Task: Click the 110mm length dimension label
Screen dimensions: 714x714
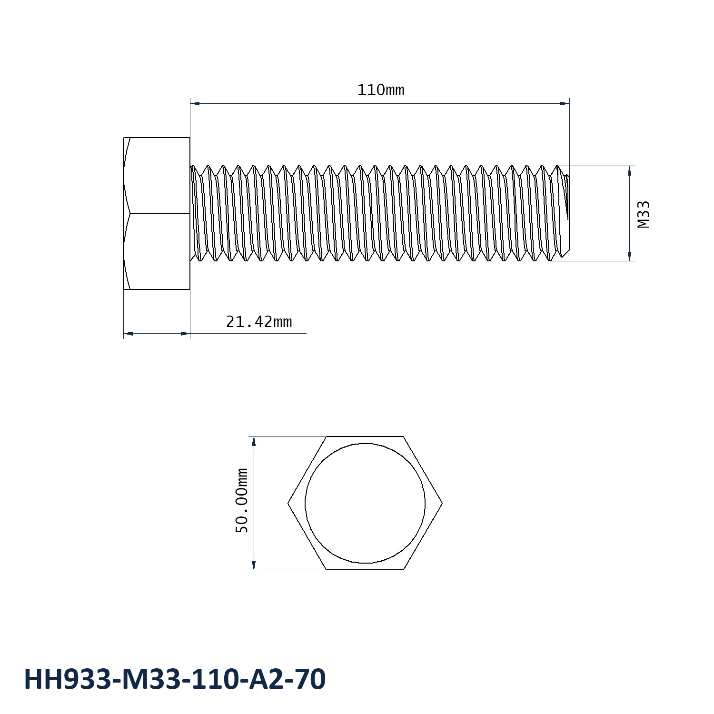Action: click(380, 89)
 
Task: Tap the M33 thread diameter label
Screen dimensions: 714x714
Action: click(644, 214)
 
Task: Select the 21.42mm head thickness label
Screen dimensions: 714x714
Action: click(258, 322)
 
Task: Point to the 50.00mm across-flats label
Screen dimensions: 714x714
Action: click(242, 500)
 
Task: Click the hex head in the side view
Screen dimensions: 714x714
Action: click(157, 213)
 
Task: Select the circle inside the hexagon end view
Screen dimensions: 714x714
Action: click(365, 503)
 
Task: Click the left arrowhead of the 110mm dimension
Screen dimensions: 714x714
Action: click(194, 103)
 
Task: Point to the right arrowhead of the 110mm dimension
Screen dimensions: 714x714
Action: click(565, 103)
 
